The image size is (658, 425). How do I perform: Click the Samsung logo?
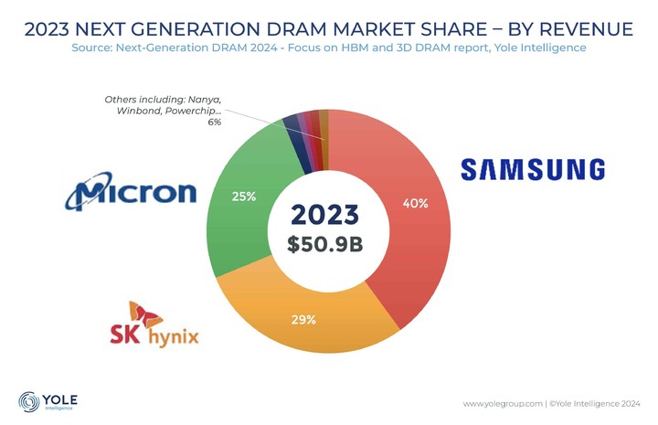pos(532,170)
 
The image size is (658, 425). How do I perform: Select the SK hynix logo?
pos(150,326)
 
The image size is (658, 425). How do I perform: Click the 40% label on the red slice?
pos(415,204)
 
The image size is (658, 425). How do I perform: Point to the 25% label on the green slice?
pos(243,196)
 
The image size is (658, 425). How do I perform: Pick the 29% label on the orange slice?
pos(304,320)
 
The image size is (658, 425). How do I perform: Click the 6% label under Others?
pos(214,122)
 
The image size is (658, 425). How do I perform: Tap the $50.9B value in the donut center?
pos(324,245)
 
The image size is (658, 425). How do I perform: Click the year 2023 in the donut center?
pos(324,216)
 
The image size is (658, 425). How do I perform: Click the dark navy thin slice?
pos(292,123)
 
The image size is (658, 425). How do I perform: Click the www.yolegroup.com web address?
pos(501,403)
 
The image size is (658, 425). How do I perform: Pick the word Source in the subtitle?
pos(92,48)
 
